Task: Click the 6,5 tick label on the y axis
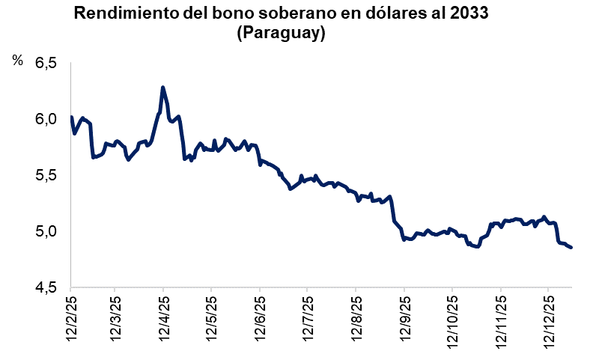(45, 64)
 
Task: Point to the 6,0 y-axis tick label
(45, 120)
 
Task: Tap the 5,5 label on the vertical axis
(45, 176)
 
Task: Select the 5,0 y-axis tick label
(45, 231)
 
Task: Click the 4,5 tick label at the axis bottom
(45, 287)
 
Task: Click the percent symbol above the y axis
(18, 61)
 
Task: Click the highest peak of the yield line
(162, 88)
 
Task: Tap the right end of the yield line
(571, 248)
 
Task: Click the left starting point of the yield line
(70, 117)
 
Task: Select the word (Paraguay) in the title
(280, 34)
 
